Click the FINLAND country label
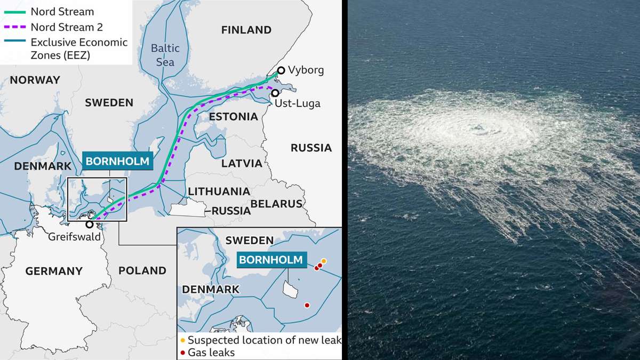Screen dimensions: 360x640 (x=246, y=30)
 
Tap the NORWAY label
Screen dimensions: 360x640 (x=35, y=80)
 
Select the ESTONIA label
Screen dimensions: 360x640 (x=233, y=116)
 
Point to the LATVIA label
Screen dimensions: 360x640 (x=242, y=163)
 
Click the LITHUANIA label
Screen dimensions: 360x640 (x=219, y=191)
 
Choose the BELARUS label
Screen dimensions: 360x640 (x=276, y=203)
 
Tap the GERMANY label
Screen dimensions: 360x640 (x=54, y=271)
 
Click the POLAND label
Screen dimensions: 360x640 (x=142, y=270)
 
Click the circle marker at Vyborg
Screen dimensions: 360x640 (x=281, y=70)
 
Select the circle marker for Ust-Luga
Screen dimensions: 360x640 (x=275, y=93)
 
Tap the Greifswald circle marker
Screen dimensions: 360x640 (x=90, y=224)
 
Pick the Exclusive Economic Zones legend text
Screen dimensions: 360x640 (x=79, y=48)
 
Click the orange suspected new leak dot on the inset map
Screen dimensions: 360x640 (x=324, y=261)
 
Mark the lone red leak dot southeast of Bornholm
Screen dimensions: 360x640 (x=307, y=305)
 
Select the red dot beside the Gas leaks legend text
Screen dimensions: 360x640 (x=183, y=353)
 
